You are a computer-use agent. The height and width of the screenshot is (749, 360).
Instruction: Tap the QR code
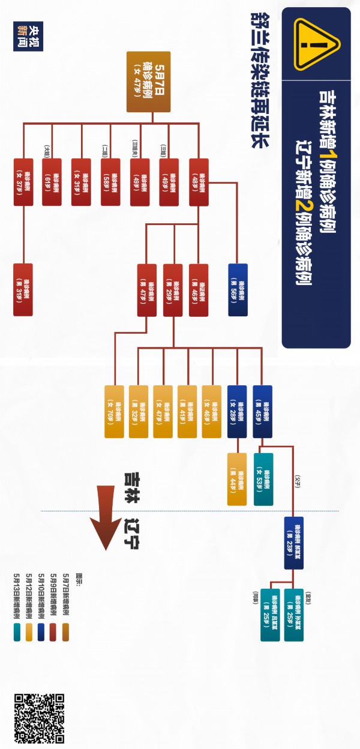pyautogui.click(x=39, y=717)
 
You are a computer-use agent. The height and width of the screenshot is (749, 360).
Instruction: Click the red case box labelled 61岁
pyautogui.click(x=52, y=182)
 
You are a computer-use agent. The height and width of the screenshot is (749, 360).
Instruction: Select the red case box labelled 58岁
pyautogui.click(x=110, y=182)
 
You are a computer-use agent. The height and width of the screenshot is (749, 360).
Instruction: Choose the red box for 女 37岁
pyautogui.click(x=23, y=182)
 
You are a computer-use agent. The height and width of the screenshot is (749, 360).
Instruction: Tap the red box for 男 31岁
pyautogui.click(x=23, y=290)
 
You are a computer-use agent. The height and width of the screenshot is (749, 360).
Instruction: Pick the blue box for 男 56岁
pyautogui.click(x=238, y=290)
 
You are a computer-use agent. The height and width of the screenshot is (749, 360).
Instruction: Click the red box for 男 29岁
pyautogui.click(x=173, y=290)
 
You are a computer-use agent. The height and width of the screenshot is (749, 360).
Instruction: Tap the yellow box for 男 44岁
pyautogui.click(x=237, y=479)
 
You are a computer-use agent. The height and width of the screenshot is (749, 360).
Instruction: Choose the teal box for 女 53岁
pyautogui.click(x=263, y=479)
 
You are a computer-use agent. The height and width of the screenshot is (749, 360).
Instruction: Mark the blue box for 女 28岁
pyautogui.click(x=237, y=411)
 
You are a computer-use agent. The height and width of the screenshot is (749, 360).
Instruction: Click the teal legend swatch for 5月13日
pyautogui.click(x=17, y=632)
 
